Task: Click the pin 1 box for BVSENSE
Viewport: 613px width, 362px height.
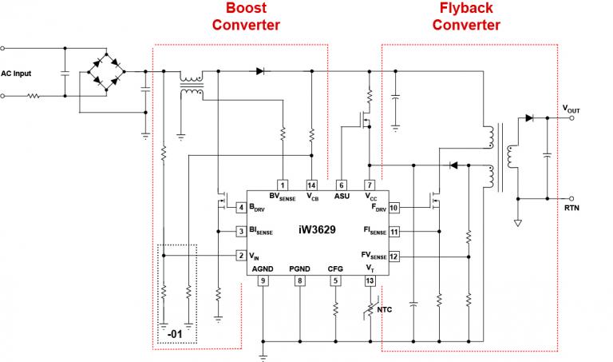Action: coord(282,185)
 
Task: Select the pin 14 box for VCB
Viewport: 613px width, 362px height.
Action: coord(311,185)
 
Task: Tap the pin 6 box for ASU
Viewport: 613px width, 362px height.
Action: coord(341,185)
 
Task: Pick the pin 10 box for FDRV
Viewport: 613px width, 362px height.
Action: coord(394,209)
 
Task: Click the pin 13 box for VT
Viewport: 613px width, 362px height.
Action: coord(369,280)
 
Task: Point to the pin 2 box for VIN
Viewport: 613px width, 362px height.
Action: coord(240,256)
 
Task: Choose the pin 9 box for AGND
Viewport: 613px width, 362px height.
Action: coord(263,280)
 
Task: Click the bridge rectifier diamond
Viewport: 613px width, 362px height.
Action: coord(105,70)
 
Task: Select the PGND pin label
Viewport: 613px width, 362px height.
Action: coord(300,269)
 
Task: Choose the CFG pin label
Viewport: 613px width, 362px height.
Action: coord(335,269)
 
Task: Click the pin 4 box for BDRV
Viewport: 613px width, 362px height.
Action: coord(240,209)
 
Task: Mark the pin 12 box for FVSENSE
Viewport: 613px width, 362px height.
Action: coord(394,256)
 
